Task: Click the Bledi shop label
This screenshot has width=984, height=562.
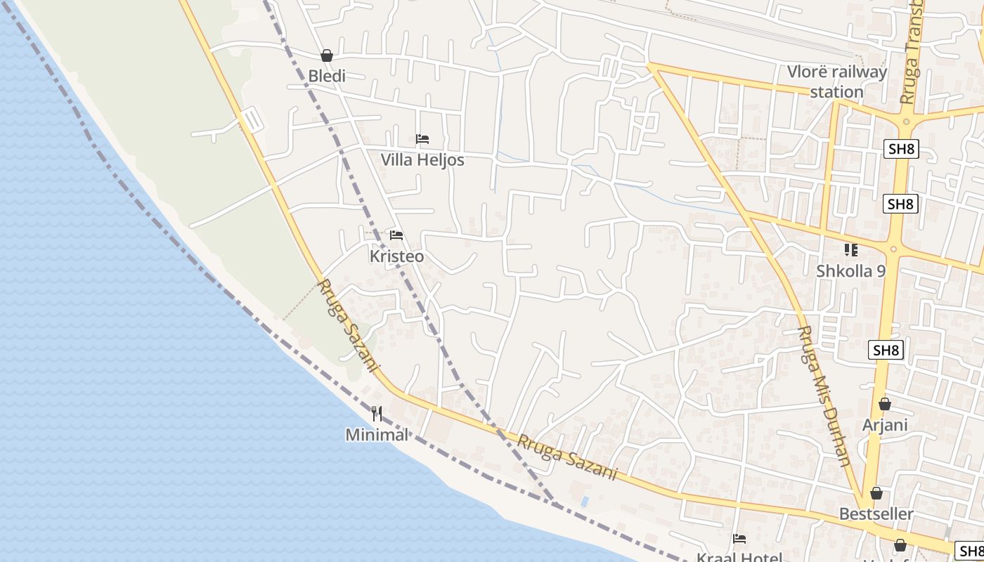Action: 327,76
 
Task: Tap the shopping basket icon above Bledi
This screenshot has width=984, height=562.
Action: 327,55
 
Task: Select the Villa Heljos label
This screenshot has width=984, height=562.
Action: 422,159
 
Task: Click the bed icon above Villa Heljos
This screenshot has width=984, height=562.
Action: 422,139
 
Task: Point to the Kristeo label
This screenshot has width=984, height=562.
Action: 397,256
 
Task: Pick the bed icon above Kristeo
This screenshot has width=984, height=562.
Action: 396,235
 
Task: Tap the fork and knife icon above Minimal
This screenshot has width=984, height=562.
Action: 377,414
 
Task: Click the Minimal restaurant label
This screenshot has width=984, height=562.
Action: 377,435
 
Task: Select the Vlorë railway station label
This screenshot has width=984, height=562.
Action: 836,81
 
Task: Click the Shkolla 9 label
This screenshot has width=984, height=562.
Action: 851,270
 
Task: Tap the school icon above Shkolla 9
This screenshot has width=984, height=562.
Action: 851,249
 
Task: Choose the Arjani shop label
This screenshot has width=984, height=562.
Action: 885,425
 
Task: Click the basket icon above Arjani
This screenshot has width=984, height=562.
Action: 885,404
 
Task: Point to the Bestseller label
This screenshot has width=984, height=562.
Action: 876,514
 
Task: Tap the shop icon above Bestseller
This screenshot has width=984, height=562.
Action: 876,493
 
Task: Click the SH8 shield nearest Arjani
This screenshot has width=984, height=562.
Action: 885,350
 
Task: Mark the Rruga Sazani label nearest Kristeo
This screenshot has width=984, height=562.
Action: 349,327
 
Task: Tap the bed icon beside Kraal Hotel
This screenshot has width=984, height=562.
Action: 739,539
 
